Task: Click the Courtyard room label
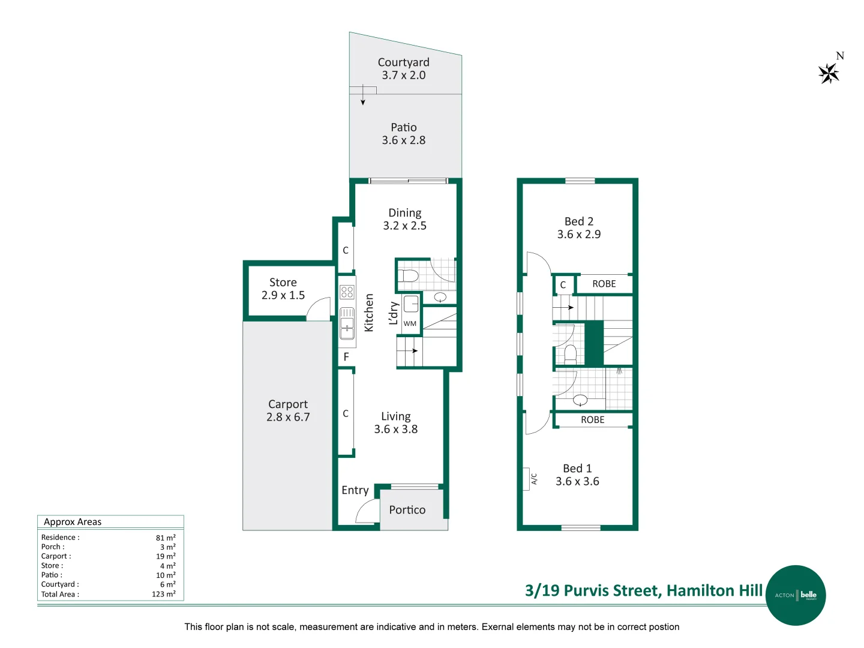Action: pyautogui.click(x=404, y=68)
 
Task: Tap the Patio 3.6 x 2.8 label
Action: pyautogui.click(x=404, y=134)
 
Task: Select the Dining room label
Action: pyautogui.click(x=405, y=219)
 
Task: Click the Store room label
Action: pyautogui.click(x=283, y=289)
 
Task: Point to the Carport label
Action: pyautogui.click(x=288, y=410)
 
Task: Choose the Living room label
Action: pyautogui.click(x=396, y=422)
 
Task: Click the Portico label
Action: pyautogui.click(x=407, y=510)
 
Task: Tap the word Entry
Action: pyautogui.click(x=355, y=490)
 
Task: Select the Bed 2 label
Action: pyautogui.click(x=579, y=228)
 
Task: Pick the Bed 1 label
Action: pyautogui.click(x=577, y=475)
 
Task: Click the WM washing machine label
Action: pyautogui.click(x=410, y=324)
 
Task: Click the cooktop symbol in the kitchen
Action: pyautogui.click(x=347, y=292)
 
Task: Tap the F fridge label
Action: pyautogui.click(x=346, y=357)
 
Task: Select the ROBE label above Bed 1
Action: pyautogui.click(x=593, y=420)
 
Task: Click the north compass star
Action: pyautogui.click(x=829, y=73)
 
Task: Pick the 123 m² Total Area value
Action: pyautogui.click(x=163, y=594)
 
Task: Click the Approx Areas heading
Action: pyautogui.click(x=73, y=522)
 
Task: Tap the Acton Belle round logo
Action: pyautogui.click(x=796, y=595)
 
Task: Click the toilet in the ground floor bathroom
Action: pyautogui.click(x=410, y=276)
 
